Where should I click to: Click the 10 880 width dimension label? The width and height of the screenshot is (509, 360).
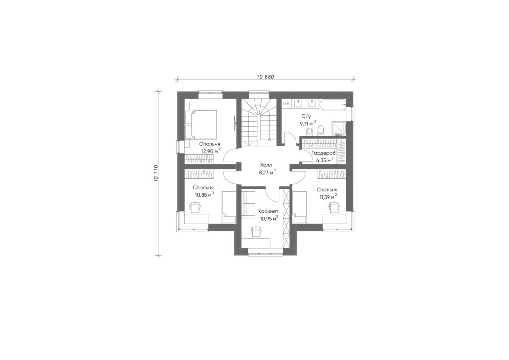265,77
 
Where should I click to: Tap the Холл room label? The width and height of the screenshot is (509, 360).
266,164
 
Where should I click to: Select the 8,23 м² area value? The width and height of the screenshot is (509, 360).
267,172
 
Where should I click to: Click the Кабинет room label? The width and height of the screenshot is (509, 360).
268,211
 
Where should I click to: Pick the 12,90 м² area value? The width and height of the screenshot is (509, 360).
211,151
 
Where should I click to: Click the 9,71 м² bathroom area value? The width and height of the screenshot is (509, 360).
308,123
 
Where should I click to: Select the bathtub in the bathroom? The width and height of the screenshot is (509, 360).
333,104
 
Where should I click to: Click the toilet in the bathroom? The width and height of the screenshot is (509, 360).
321,130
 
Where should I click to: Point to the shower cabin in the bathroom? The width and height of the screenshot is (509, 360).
339,129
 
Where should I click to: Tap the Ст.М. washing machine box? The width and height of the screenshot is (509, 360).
286,104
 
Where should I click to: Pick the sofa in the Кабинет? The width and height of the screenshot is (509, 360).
249,203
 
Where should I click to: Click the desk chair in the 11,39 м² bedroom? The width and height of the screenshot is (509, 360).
334,207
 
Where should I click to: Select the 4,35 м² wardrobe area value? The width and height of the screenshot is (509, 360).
325,160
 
